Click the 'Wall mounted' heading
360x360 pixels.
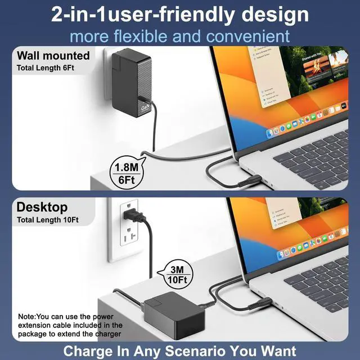(x=53, y=56)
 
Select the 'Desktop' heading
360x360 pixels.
(x=42, y=207)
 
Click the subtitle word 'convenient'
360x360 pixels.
(x=247, y=36)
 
